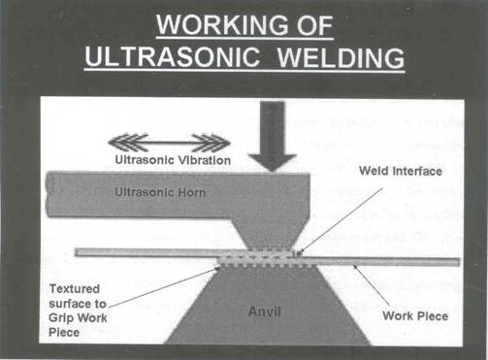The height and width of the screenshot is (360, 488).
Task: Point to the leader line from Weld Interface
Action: (x=336, y=212)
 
